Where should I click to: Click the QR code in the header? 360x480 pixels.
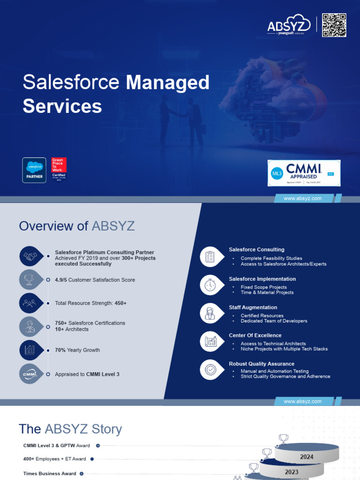tap(334, 25)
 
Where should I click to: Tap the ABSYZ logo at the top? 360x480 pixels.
tap(289, 27)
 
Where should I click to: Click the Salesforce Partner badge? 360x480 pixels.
tap(34, 170)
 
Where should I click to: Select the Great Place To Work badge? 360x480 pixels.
tap(59, 170)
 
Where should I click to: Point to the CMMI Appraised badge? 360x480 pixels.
tap(304, 173)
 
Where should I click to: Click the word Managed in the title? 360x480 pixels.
tap(168, 82)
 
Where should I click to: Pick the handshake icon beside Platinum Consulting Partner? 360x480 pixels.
tap(31, 256)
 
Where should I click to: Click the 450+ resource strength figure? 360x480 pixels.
tap(120, 303)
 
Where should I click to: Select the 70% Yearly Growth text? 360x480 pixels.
tap(77, 350)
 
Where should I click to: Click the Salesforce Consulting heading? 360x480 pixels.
tap(256, 250)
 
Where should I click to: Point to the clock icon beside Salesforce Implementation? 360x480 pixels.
tap(210, 285)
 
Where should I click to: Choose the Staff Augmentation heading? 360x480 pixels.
tap(253, 307)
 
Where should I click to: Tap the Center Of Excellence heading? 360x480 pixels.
tap(255, 336)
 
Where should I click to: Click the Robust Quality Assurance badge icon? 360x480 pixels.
tap(210, 369)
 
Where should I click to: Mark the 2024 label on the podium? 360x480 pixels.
tap(307, 457)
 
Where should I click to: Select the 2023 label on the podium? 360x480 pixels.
tap(291, 472)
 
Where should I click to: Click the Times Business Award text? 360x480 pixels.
tap(50, 474)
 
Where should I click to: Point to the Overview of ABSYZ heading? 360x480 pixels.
tap(77, 226)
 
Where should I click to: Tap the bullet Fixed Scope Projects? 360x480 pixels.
tap(263, 287)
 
